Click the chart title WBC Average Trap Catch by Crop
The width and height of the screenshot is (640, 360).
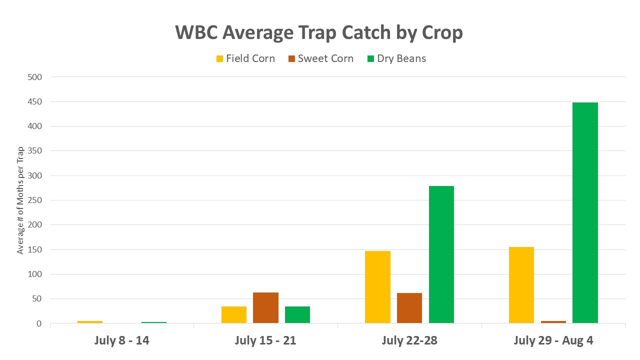[319, 32]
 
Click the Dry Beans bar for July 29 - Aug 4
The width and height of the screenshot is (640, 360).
[585, 213]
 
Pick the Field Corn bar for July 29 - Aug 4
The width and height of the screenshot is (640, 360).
[521, 285]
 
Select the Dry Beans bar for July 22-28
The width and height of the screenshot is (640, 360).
[441, 254]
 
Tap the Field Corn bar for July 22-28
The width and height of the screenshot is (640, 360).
[377, 287]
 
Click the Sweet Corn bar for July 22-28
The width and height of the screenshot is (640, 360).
[409, 308]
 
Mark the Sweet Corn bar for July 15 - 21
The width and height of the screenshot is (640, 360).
[265, 308]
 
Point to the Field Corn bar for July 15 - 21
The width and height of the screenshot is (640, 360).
[234, 314]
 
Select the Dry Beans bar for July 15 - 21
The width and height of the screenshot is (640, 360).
[297, 314]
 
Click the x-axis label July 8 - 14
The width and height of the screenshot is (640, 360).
[121, 341]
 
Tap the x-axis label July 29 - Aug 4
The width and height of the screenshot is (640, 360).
[553, 341]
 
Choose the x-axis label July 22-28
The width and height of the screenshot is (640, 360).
[409, 341]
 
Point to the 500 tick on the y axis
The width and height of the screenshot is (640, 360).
[35, 77]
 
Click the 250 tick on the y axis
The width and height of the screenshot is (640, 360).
[35, 200]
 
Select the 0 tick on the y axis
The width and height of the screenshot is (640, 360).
[39, 324]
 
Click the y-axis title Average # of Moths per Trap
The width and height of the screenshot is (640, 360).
[20, 200]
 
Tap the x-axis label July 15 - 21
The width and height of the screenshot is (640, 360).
[265, 341]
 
